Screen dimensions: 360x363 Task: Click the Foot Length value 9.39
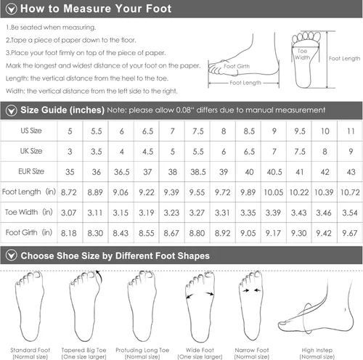pos(171,192)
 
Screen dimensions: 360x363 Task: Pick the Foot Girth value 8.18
pos(70,232)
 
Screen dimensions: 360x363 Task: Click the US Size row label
pos(30,131)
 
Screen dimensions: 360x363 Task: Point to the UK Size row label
pos(30,151)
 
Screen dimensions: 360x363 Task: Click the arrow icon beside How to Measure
pos(10,9)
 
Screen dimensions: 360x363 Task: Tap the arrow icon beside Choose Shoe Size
pos(10,255)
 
